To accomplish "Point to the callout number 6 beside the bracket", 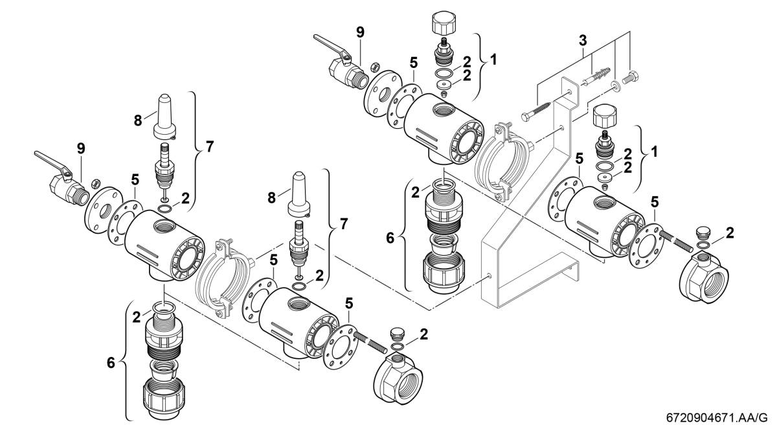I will pos(390,238).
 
